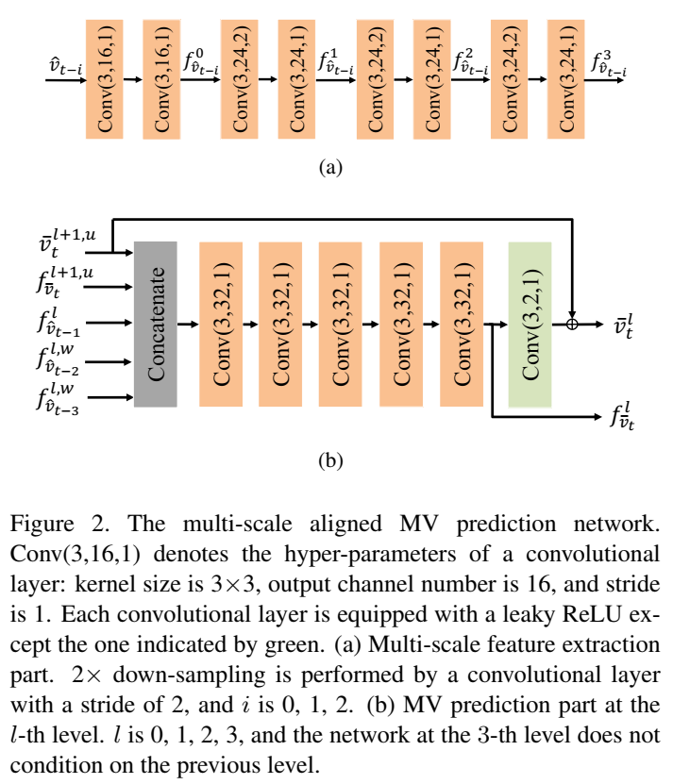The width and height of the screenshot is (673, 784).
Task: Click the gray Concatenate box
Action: (155, 324)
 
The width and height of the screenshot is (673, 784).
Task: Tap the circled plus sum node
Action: (572, 324)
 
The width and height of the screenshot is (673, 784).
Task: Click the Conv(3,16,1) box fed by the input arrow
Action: (106, 78)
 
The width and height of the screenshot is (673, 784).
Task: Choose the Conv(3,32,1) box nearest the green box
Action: (461, 324)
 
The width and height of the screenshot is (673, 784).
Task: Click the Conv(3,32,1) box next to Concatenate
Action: (221, 324)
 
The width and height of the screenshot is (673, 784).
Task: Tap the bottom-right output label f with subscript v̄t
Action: (623, 416)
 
